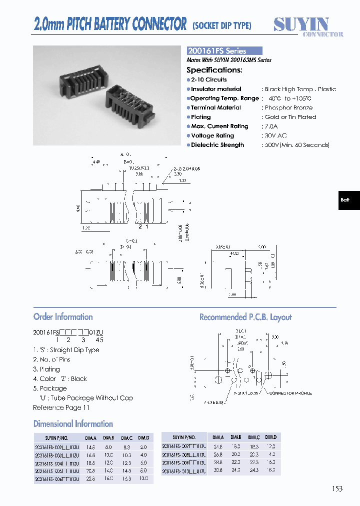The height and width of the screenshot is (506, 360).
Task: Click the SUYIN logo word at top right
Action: tap(301, 24)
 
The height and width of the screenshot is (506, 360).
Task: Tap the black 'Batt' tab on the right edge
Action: tap(345, 200)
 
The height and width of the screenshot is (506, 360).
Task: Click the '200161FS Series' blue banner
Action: tap(224, 51)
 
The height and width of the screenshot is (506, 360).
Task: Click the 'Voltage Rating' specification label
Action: tap(212, 135)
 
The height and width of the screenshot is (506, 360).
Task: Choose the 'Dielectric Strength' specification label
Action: tap(217, 145)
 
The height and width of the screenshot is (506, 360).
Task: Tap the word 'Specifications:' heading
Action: tap(214, 70)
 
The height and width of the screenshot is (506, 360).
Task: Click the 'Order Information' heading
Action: tap(63, 317)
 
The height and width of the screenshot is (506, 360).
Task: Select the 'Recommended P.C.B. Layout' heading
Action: tap(245, 317)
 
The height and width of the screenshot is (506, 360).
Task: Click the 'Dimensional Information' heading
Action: tap(73, 424)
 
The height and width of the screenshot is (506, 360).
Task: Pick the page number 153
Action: tap(337, 488)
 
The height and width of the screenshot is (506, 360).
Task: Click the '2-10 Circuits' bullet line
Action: tap(208, 79)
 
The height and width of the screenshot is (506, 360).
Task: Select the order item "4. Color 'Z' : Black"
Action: tap(60, 379)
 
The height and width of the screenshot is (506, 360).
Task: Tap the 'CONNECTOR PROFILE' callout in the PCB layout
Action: tap(290, 393)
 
